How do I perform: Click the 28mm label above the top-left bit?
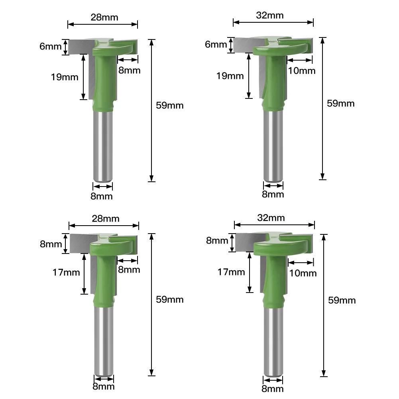click(104, 17)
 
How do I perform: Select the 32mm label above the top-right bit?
click(270, 15)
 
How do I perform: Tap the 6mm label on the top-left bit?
click(50, 46)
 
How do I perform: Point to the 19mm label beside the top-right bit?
click(230, 76)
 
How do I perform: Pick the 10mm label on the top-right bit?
click(301, 71)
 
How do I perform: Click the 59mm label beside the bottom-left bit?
click(170, 299)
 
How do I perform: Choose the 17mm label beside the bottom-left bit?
click(66, 273)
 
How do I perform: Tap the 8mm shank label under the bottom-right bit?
click(273, 389)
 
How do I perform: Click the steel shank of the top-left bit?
click(103, 147)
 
